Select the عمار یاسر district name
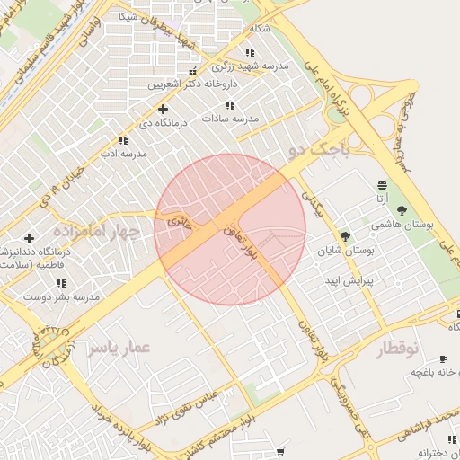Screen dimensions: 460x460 pyautogui.click(x=120, y=346)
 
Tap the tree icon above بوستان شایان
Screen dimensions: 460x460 pyautogui.click(x=345, y=236)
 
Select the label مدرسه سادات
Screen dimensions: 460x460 pyautogui.click(x=230, y=119)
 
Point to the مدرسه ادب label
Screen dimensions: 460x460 pyautogui.click(x=123, y=154)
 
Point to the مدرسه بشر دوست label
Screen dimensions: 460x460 pyautogui.click(x=61, y=296)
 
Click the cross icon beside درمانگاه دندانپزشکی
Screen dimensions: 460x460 pyautogui.click(x=30, y=239)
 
